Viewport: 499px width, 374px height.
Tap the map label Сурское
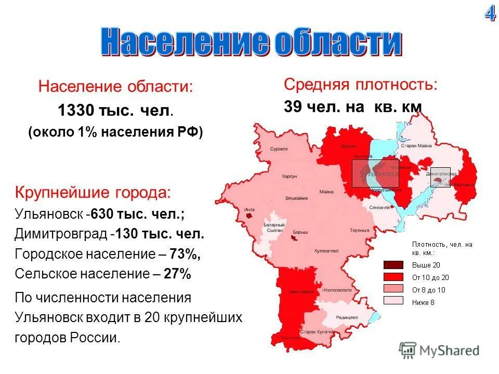[x=279, y=149]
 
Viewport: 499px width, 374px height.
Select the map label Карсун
[x=289, y=177]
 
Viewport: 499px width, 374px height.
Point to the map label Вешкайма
[x=297, y=198]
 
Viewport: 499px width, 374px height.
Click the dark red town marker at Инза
[x=250, y=214]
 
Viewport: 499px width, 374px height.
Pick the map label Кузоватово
[x=326, y=250]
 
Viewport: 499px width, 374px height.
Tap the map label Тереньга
[x=359, y=230]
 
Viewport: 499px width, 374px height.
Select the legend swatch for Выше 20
[x=393, y=265]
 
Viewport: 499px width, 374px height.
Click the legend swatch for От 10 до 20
[x=393, y=277]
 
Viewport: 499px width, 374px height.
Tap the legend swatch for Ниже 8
[x=393, y=300]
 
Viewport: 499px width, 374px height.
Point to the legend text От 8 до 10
[x=429, y=290]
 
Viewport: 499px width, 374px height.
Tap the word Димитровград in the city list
[x=61, y=234]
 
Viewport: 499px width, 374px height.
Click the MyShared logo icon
[x=408, y=350]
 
